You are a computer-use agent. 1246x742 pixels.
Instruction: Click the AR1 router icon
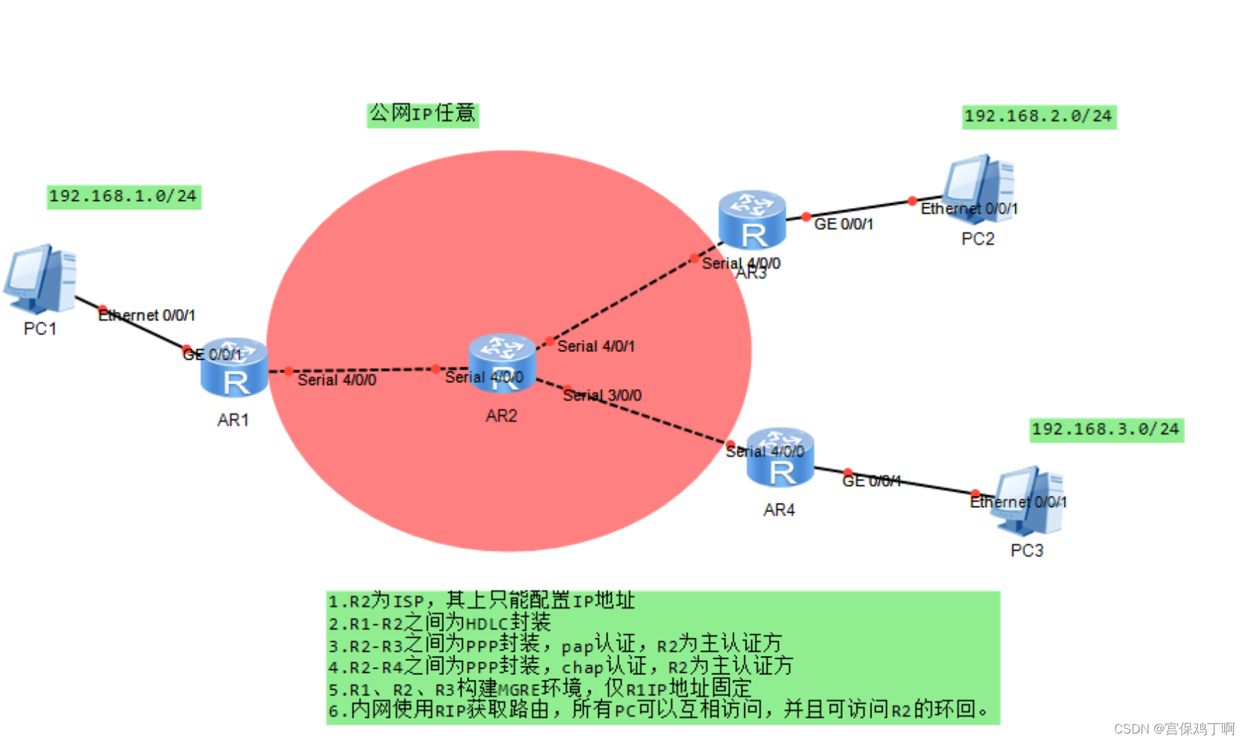click(x=234, y=367)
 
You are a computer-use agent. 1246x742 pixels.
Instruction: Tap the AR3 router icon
click(x=752, y=219)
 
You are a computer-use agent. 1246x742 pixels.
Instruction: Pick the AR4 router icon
click(x=780, y=457)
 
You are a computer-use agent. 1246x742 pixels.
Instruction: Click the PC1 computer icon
click(x=40, y=279)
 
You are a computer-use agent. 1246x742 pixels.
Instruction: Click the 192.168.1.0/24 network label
click(x=123, y=196)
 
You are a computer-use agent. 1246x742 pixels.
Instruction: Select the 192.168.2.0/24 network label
click(x=1039, y=116)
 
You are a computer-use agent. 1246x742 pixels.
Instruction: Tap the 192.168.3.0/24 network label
click(x=1106, y=430)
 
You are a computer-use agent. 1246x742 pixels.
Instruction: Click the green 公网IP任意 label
click(x=423, y=114)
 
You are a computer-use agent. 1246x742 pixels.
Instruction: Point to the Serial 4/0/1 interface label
click(x=596, y=346)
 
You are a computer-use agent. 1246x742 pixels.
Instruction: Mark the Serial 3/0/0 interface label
click(x=603, y=396)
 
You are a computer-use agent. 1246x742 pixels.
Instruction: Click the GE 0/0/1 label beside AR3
click(x=844, y=224)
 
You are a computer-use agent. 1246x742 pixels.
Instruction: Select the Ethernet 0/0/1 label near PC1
click(x=147, y=315)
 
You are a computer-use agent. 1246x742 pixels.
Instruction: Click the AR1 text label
click(x=233, y=420)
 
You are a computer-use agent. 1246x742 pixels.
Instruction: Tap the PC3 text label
click(x=1027, y=551)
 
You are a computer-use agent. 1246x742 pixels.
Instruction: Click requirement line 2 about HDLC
click(x=440, y=624)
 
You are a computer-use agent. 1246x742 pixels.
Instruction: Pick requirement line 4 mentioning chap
click(x=561, y=667)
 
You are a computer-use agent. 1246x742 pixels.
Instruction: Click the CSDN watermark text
click(x=1174, y=729)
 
